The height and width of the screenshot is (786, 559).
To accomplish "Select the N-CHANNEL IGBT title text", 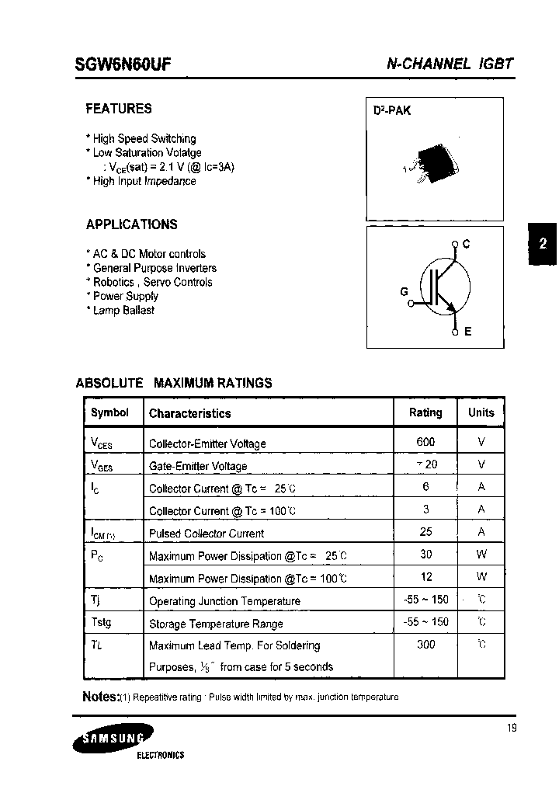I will pos(450,64).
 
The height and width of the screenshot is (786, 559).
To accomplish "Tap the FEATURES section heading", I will pos(119,109).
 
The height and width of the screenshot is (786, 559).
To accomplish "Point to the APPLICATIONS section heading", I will pos(131,224).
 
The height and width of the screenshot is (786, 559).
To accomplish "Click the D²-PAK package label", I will pos(392,111).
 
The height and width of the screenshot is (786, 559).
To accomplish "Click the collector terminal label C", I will pos(467,245).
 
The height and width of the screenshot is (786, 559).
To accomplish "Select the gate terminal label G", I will pos(404,291).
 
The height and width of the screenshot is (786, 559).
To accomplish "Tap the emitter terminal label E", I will pos(468,332).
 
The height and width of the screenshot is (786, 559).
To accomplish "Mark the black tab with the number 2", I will pos(543,243).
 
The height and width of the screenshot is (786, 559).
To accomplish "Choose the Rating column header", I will pos(425,412).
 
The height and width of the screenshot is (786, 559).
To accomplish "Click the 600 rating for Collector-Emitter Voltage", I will pos(425,442).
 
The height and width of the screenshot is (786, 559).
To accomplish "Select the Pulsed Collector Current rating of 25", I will pos(425,532).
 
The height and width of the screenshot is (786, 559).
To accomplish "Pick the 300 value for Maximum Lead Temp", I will pos(425,644).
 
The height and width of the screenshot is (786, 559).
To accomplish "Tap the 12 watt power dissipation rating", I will pos(425,576).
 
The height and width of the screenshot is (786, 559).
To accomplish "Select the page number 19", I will pos(510,728).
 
